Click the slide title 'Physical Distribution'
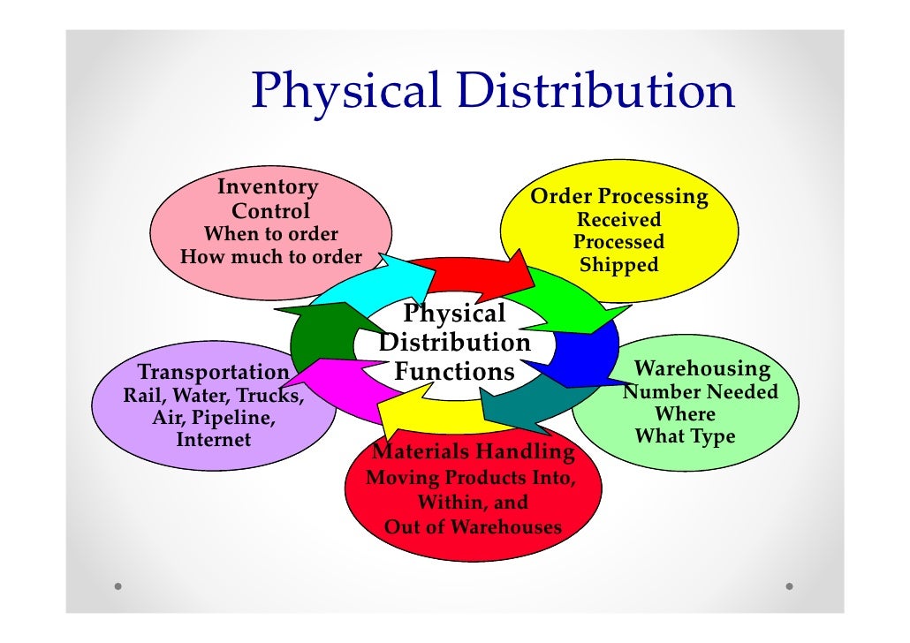[x=492, y=92]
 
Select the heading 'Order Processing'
[x=618, y=196]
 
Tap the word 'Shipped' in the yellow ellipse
[x=618, y=265]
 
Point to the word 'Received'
[x=618, y=219]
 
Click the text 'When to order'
[x=271, y=234]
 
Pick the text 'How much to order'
[x=271, y=257]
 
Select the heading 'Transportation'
[x=214, y=372]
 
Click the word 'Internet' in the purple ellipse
[x=214, y=439]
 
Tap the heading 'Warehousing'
[x=702, y=368]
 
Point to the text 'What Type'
[x=685, y=436]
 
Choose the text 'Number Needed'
[x=701, y=391]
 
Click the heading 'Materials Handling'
[x=473, y=453]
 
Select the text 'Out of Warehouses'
[x=473, y=527]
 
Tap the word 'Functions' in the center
[x=454, y=372]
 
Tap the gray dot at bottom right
[x=789, y=586]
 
